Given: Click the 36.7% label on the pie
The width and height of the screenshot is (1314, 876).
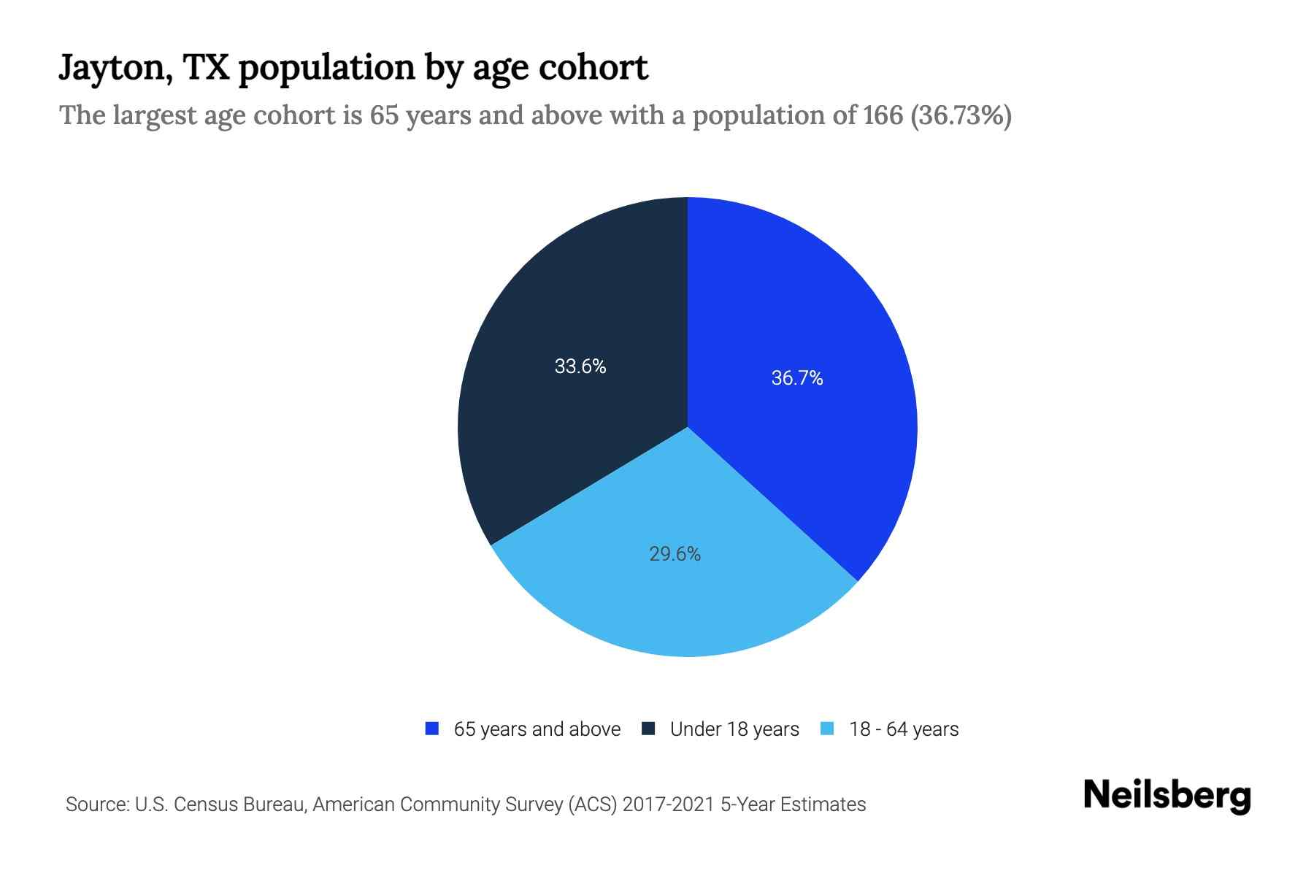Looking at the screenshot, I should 797,378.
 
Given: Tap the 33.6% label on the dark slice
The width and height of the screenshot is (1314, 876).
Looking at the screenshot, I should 580,366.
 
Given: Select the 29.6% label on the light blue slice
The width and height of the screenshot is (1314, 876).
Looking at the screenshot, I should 675,554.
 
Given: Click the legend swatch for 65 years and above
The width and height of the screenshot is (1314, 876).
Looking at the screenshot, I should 432,729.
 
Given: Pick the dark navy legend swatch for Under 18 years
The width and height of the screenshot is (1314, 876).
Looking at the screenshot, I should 648,729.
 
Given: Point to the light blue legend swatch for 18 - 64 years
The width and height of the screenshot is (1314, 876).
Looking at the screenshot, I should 827,729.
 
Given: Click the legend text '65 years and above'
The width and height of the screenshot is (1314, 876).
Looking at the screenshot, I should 537,729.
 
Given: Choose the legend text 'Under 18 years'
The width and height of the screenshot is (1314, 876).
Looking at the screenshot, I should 734,729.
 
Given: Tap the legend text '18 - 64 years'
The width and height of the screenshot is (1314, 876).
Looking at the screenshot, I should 904,729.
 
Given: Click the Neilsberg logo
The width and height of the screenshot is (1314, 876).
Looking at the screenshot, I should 1167,796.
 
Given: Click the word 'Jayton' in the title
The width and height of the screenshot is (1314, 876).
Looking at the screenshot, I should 115,69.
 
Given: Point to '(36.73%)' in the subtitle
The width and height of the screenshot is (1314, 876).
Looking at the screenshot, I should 961,115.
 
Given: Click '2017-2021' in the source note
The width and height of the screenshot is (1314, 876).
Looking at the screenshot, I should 669,804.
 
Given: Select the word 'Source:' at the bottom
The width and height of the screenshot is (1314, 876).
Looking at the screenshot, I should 97,804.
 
